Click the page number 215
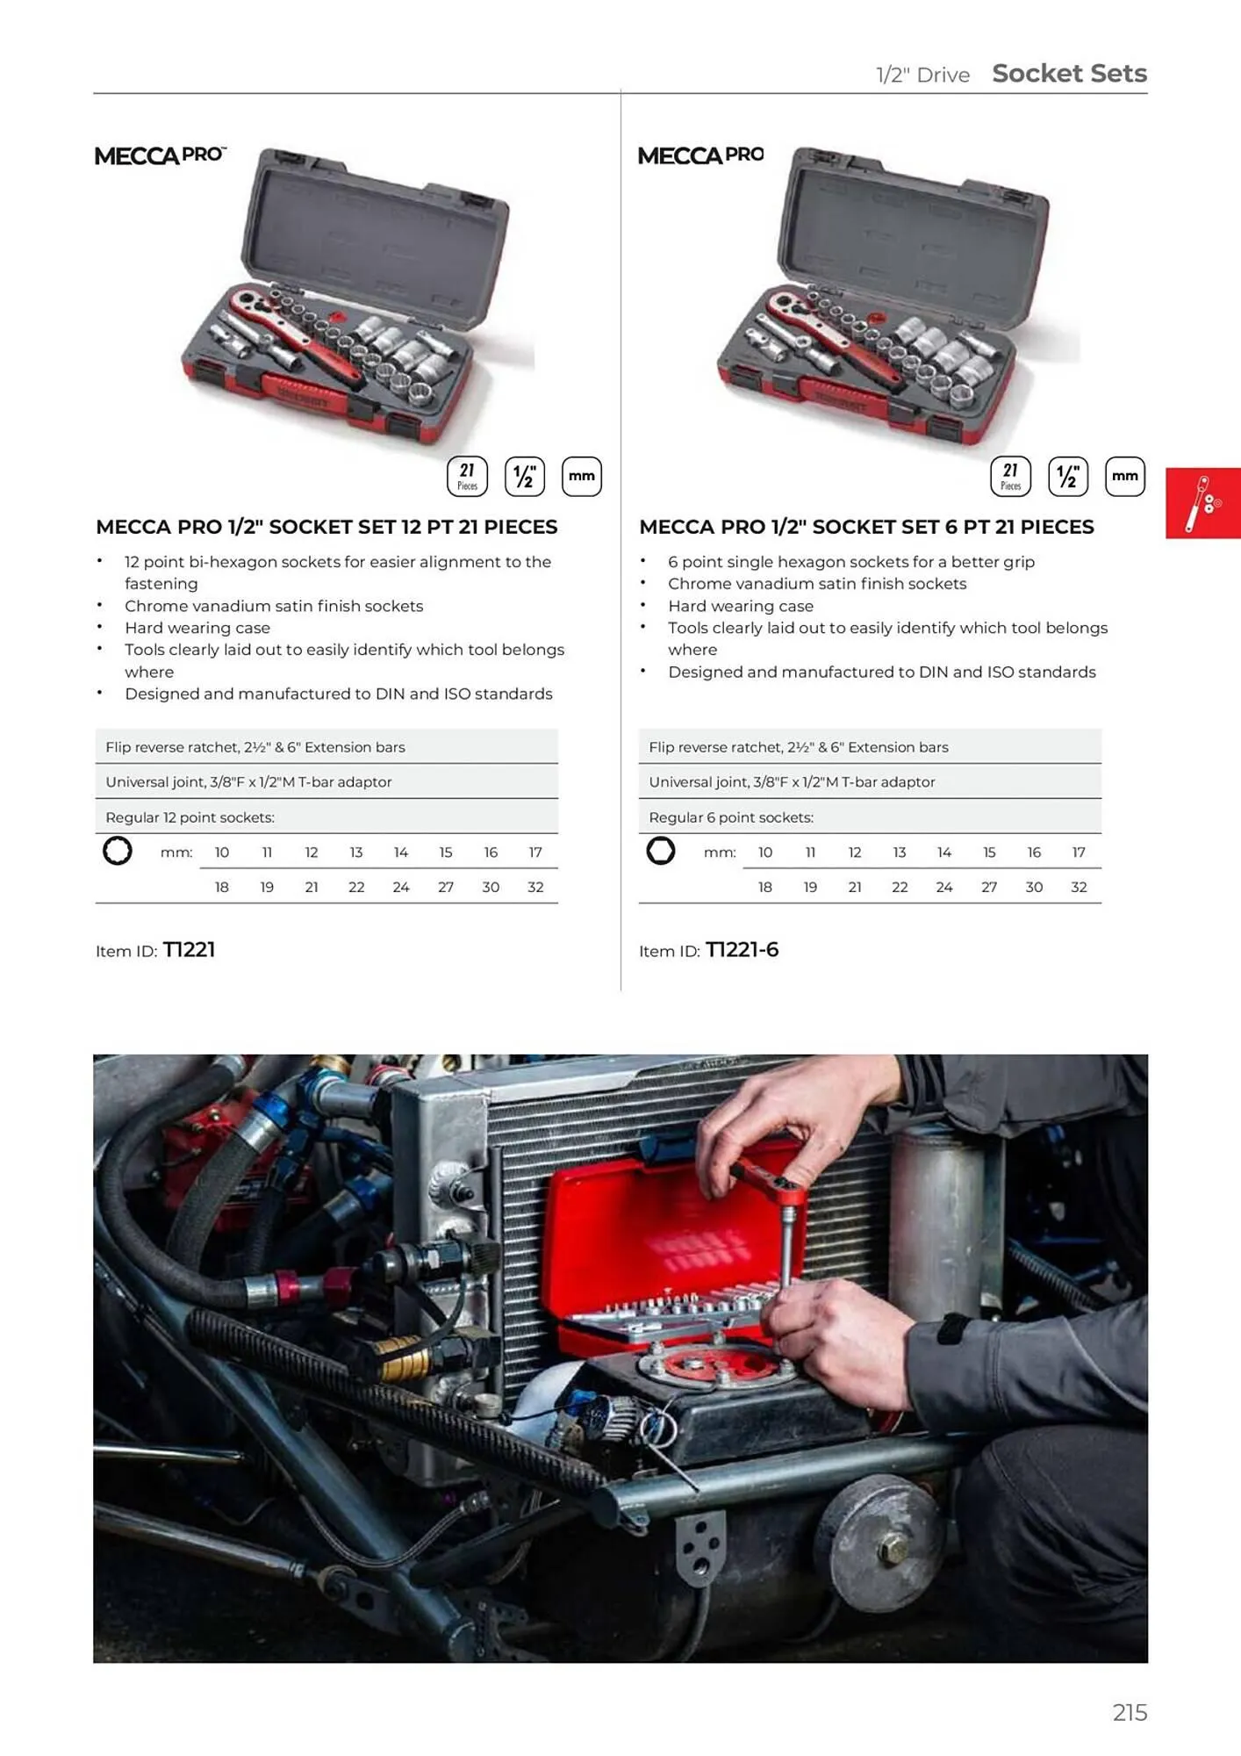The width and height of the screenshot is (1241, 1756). (x=1129, y=1712)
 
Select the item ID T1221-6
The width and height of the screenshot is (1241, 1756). (x=742, y=950)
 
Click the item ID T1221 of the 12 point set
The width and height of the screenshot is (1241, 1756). (x=189, y=950)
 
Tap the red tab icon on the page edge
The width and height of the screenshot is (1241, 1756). (x=1202, y=503)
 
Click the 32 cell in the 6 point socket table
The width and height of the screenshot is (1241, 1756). (x=1079, y=887)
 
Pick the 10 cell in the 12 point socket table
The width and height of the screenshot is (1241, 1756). (x=222, y=852)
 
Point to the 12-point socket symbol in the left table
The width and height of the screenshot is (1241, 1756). (x=118, y=851)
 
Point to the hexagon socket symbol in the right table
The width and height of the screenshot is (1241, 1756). (x=661, y=851)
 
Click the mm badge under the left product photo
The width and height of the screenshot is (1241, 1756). (x=581, y=477)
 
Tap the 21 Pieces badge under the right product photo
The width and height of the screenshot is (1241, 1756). (x=1010, y=477)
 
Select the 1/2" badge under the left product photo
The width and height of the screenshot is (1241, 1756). (x=524, y=477)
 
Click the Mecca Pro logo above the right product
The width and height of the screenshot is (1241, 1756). (x=700, y=155)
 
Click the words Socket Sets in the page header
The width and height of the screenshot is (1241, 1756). (x=1069, y=74)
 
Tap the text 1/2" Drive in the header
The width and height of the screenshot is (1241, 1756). (x=922, y=76)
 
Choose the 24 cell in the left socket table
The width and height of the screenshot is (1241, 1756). (x=401, y=887)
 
